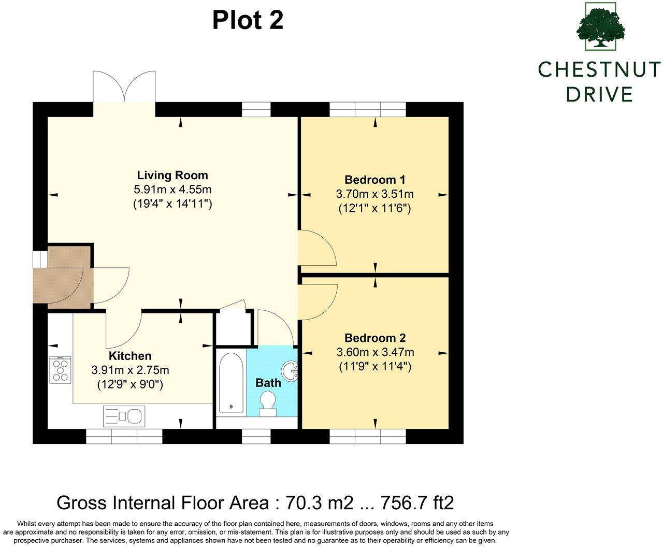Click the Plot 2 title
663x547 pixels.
pyautogui.click(x=248, y=20)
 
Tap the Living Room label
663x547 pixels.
pyautogui.click(x=172, y=175)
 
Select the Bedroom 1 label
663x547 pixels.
pyautogui.click(x=375, y=180)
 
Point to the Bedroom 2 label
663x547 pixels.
pyautogui.click(x=375, y=338)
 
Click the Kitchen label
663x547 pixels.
pyautogui.click(x=130, y=356)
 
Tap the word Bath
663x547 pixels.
pyautogui.click(x=268, y=383)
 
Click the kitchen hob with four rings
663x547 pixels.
pyautogui.click(x=60, y=369)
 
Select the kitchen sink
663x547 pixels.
pyautogui.click(x=124, y=416)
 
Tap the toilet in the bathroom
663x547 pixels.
pyautogui.click(x=268, y=404)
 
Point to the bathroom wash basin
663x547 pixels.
pyautogui.click(x=290, y=371)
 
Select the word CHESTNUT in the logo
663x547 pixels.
pyautogui.click(x=599, y=69)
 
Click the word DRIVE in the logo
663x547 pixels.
pyautogui.click(x=599, y=94)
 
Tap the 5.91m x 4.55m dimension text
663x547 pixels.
pyautogui.click(x=172, y=189)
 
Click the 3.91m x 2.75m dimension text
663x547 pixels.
pyautogui.click(x=130, y=370)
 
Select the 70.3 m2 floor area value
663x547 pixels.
pyautogui.click(x=320, y=502)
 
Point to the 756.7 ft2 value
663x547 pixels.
pyautogui.click(x=417, y=502)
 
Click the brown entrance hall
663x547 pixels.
pyautogui.click(x=63, y=277)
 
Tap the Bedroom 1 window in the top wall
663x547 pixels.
pyautogui.click(x=368, y=110)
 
